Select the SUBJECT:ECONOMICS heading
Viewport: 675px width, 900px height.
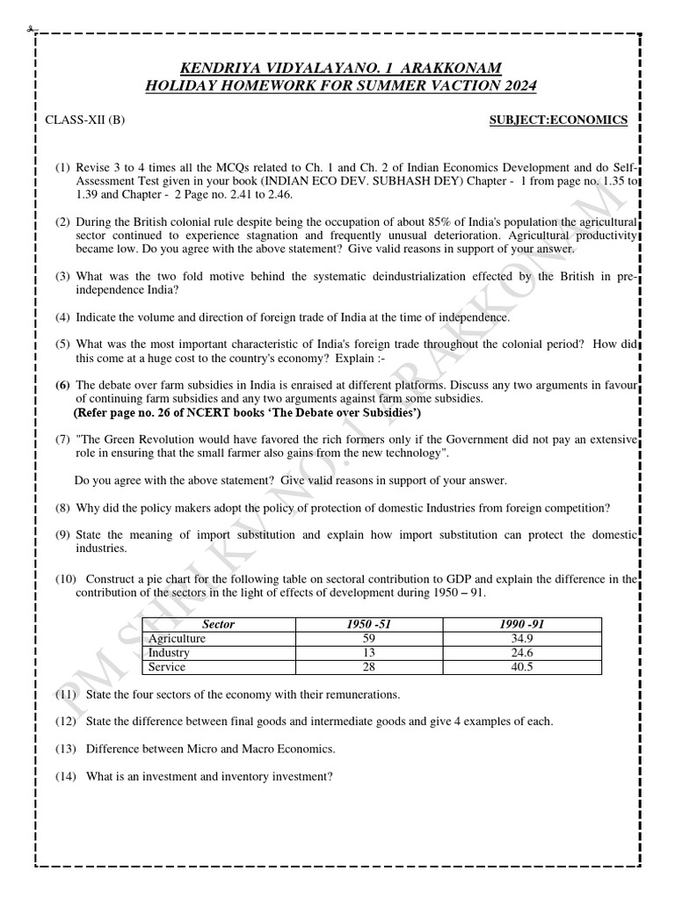(558, 120)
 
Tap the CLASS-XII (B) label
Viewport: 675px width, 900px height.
(85, 120)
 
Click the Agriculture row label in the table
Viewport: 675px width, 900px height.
(178, 638)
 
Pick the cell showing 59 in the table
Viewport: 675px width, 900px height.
(369, 638)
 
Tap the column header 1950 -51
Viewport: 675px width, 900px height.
(369, 624)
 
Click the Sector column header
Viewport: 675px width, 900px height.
(219, 624)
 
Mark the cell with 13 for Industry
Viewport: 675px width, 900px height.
(369, 653)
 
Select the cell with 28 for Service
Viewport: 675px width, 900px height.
(369, 667)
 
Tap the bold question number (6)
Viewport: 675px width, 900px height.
(63, 385)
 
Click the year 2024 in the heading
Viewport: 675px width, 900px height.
(517, 85)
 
